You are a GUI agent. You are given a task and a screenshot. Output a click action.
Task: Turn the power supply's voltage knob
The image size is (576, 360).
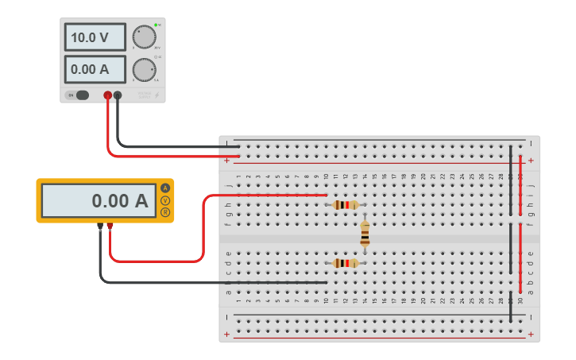coord(144,37)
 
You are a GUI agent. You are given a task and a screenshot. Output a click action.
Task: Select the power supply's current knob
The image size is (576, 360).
coord(144,70)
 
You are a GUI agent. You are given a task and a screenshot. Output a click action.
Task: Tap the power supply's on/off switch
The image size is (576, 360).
coord(80,95)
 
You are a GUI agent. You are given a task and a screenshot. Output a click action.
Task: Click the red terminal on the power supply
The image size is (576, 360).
coord(108,95)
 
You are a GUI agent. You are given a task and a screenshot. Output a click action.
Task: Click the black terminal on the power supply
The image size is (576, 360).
coord(118,95)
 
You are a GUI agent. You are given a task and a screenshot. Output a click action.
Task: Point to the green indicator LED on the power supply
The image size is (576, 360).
coord(156,25)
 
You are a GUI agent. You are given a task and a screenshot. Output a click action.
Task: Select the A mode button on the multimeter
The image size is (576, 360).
coord(165,188)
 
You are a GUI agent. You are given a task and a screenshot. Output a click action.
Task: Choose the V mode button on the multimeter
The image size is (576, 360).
coord(165,200)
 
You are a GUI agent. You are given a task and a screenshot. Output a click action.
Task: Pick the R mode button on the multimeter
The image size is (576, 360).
coord(165,212)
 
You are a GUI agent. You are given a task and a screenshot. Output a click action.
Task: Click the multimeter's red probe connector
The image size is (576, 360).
coord(110,226)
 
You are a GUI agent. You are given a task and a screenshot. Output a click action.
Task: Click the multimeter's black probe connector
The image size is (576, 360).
coord(100,226)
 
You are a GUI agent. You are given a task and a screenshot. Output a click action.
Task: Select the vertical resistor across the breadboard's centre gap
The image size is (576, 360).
coord(365,234)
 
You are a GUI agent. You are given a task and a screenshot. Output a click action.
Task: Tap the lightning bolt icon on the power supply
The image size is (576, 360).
coord(157,95)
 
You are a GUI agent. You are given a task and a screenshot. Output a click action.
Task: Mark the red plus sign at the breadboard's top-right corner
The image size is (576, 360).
coord(531,161)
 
